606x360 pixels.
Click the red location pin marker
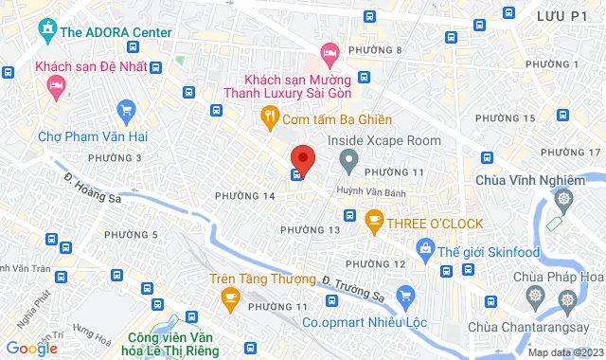click(302, 157)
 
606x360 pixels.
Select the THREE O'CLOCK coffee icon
click(374, 223)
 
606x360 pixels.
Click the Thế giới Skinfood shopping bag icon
click(424, 249)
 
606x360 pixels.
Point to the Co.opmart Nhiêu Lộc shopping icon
click(405, 296)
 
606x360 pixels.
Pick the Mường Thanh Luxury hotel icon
click(329, 52)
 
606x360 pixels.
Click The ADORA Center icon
click(46, 30)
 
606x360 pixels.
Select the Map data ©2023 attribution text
click(564, 352)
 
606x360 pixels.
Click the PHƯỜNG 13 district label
click(310, 230)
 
